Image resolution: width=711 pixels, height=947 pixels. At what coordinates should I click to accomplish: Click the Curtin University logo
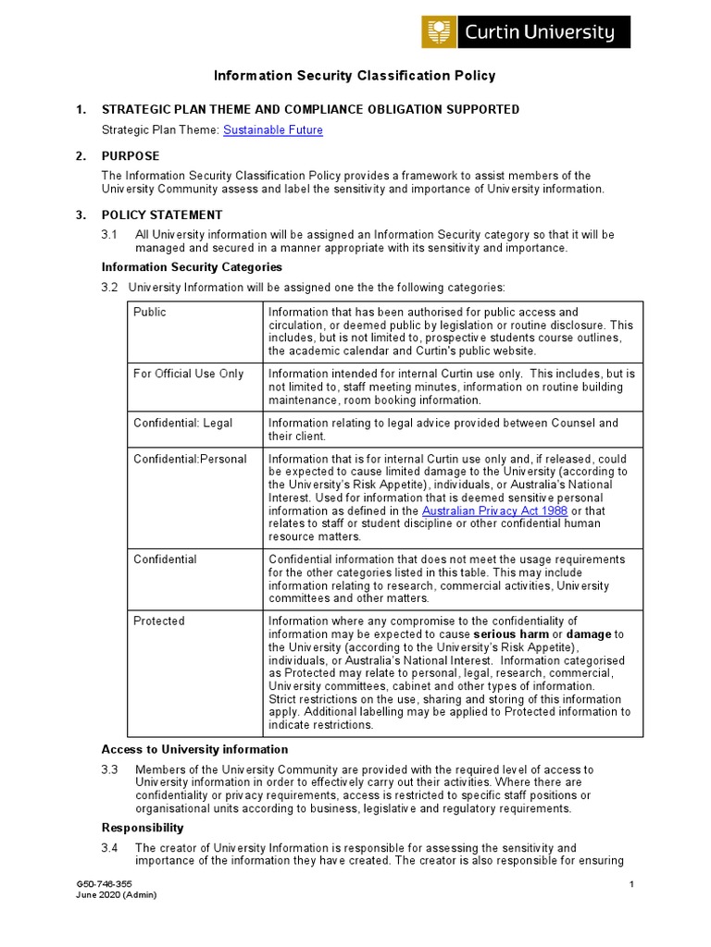(x=526, y=32)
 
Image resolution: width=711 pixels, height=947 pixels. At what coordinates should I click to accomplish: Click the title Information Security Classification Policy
(x=355, y=76)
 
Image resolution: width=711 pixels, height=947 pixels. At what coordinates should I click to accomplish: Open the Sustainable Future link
(x=273, y=130)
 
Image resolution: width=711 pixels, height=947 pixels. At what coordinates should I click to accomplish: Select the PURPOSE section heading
(x=131, y=156)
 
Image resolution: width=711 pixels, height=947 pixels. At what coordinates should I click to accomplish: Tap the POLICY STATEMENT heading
(x=162, y=215)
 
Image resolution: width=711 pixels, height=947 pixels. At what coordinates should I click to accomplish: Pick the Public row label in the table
(x=150, y=313)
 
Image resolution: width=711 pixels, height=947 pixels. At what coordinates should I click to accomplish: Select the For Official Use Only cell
(x=189, y=374)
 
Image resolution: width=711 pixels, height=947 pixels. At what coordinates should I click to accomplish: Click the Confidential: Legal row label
(x=183, y=424)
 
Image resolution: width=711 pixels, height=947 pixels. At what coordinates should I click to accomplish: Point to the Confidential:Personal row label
(x=190, y=460)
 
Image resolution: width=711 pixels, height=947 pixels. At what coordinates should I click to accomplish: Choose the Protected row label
(x=159, y=621)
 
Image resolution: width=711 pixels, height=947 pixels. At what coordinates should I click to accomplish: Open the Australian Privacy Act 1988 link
(x=494, y=511)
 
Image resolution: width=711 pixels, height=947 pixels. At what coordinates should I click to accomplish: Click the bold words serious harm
(x=510, y=634)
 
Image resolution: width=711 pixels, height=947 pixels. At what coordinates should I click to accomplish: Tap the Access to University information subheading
(x=194, y=749)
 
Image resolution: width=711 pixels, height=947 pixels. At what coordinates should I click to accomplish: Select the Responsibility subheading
(x=143, y=828)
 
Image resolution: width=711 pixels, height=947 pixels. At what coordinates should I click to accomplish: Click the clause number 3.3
(x=110, y=769)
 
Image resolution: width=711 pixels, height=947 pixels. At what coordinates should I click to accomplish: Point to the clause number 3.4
(x=110, y=848)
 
